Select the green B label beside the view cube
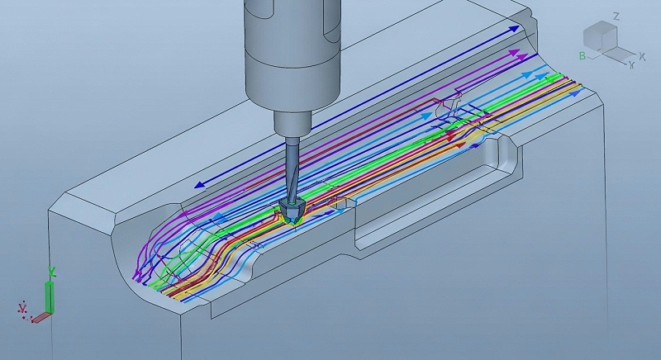click(583, 55)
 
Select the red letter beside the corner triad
click(22, 310)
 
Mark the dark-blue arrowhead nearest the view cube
click(517, 29)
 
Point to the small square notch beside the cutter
click(340, 205)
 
